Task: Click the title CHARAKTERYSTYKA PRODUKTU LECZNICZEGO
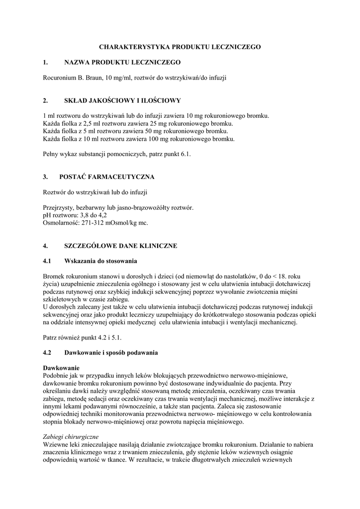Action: pyautogui.click(x=180, y=47)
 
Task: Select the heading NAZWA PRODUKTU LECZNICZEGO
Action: pyautogui.click(x=122, y=62)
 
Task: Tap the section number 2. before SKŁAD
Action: pyautogui.click(x=45, y=100)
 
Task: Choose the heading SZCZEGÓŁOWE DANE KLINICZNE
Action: pyautogui.click(x=121, y=246)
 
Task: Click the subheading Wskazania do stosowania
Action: pyautogui.click(x=101, y=261)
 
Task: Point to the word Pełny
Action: pyautogui.click(x=52, y=154)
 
